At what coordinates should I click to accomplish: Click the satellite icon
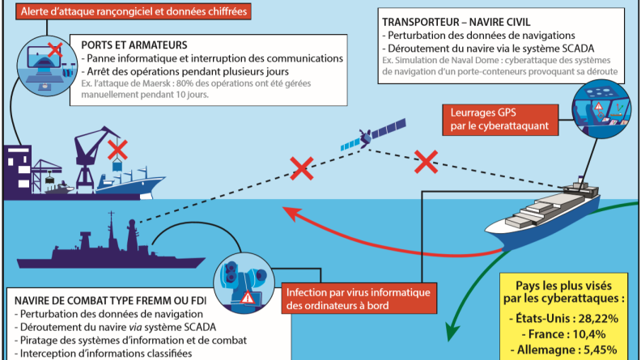pyautogui.click(x=372, y=135)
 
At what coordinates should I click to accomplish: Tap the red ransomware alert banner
pyautogui.click(x=134, y=11)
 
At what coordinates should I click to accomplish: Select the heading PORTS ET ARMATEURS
pyautogui.click(x=134, y=45)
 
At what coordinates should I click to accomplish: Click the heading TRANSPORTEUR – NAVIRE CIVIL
pyautogui.click(x=456, y=22)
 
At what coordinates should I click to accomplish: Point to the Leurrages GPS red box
pyautogui.click(x=500, y=119)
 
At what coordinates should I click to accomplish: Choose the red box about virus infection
pyautogui.click(x=359, y=299)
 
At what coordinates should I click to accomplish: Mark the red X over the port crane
pyautogui.click(x=117, y=150)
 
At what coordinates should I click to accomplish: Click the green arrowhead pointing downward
pyautogui.click(x=452, y=330)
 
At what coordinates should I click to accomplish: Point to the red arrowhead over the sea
pyautogui.click(x=291, y=214)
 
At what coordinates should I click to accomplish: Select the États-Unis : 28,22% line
pyautogui.click(x=563, y=318)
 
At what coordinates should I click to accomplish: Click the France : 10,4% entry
pyautogui.click(x=563, y=334)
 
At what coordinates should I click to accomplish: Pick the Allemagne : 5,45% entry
pyautogui.click(x=563, y=349)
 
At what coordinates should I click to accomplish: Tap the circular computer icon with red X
pyautogui.click(x=47, y=66)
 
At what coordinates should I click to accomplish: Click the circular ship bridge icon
pyautogui.click(x=601, y=108)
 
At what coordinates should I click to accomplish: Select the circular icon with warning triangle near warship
pyautogui.click(x=244, y=283)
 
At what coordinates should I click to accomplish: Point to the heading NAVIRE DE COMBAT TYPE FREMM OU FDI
pyautogui.click(x=110, y=301)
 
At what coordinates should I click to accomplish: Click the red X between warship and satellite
pyautogui.click(x=302, y=168)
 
